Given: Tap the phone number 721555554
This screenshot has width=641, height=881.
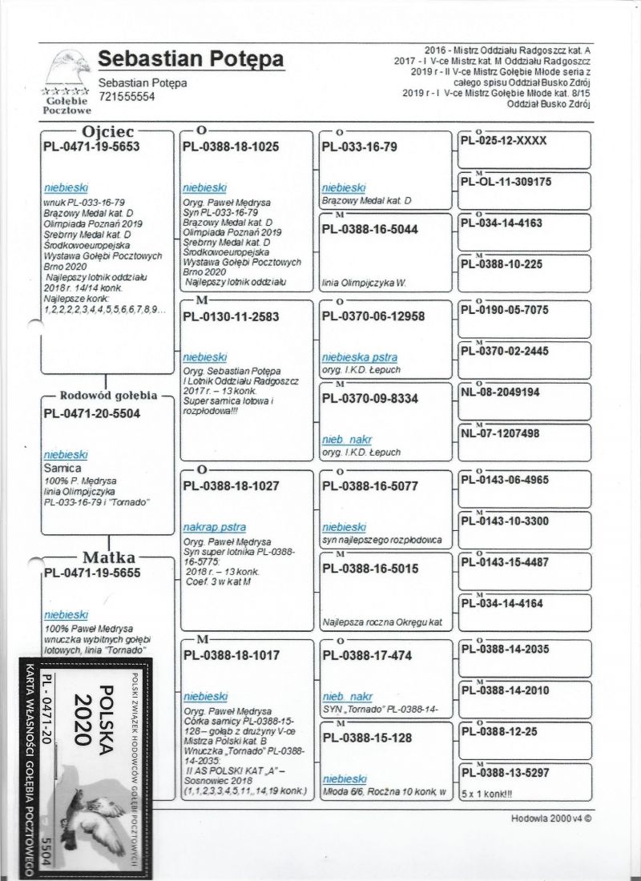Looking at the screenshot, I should (x=127, y=97).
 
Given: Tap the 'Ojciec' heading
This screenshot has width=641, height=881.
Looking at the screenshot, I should (x=108, y=130).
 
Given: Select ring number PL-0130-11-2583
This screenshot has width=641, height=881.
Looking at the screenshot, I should (x=231, y=316).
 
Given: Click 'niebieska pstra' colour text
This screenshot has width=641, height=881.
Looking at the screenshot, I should (x=359, y=356).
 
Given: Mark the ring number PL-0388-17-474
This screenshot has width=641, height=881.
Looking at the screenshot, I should (x=362, y=654).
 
